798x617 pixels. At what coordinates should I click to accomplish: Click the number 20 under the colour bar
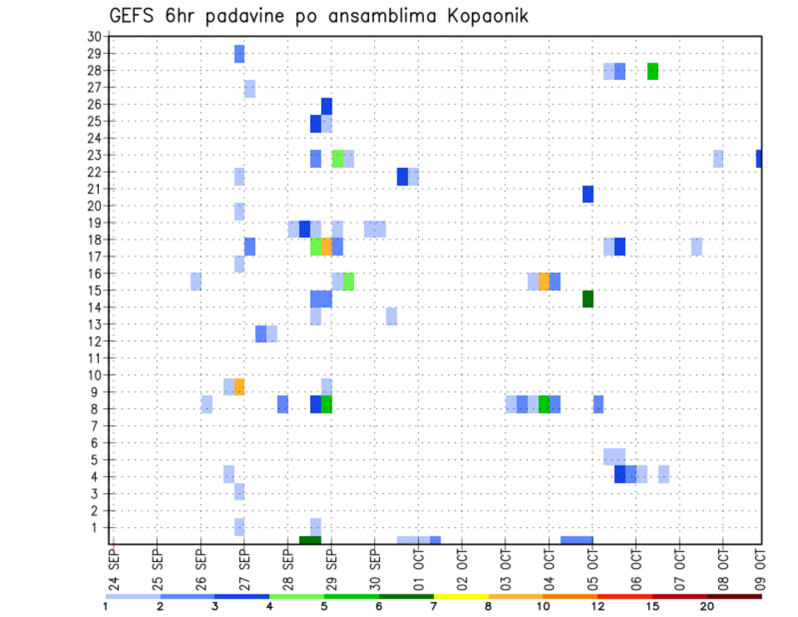tap(707, 607)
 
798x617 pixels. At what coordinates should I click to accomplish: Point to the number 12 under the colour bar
tap(598, 607)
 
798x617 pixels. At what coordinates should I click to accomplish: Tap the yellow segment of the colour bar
tap(461, 596)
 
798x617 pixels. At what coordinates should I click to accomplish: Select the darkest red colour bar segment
tap(734, 596)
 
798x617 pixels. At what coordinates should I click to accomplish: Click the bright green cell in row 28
tap(653, 72)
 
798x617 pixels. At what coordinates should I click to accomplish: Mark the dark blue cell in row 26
tap(327, 106)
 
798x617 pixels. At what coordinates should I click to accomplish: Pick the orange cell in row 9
tap(239, 387)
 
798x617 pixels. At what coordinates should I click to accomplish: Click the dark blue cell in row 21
tap(588, 194)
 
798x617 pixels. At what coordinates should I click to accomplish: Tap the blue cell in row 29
tap(239, 54)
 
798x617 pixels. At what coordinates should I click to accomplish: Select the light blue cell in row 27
tap(249, 88)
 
